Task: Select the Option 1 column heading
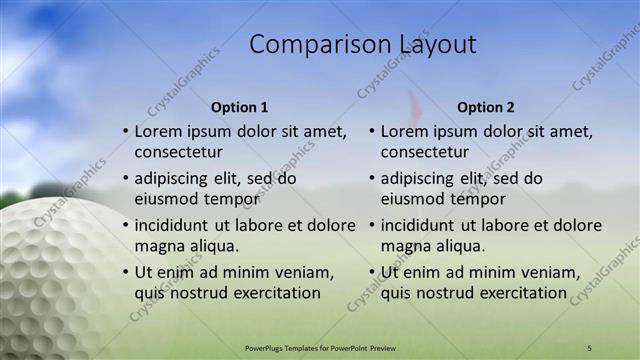pos(240,107)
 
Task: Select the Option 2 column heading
pos(486,107)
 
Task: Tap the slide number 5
pos(589,347)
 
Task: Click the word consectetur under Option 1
pos(179,153)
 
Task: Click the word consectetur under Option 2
pos(425,153)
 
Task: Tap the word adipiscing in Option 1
pos(176,178)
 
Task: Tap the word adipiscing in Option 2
pos(422,178)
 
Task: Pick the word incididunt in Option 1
pos(175,225)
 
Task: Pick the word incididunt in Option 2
pos(421,225)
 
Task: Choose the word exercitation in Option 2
pos(519,293)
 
